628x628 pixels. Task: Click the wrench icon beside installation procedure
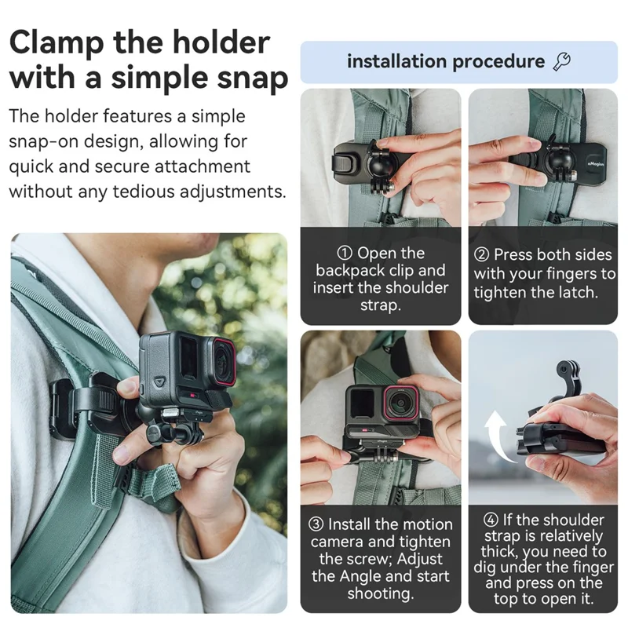tap(562, 61)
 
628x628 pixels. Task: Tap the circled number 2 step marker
tap(481, 255)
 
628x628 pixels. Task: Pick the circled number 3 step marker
tap(315, 524)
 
